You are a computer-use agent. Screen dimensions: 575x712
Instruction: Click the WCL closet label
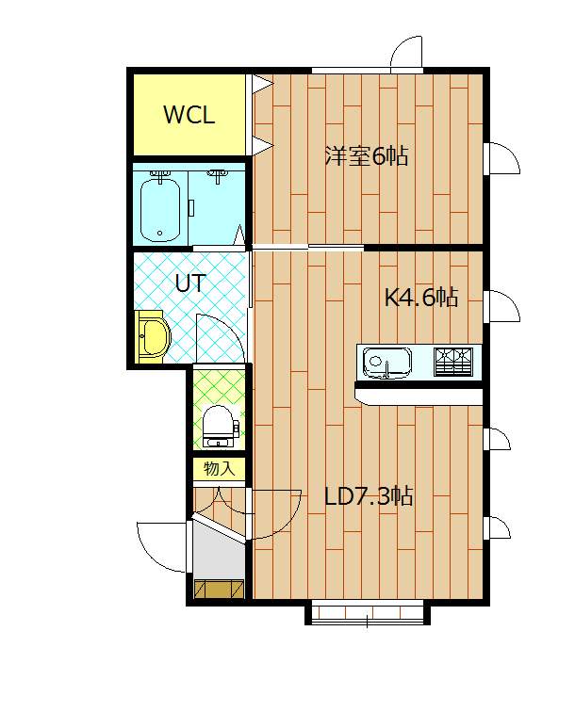point(189,115)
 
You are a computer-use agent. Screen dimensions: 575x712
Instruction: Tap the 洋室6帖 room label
point(367,155)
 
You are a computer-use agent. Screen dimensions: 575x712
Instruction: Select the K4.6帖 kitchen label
point(421,298)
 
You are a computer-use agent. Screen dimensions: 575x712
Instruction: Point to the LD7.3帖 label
point(369,495)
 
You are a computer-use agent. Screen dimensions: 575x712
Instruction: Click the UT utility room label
point(191,283)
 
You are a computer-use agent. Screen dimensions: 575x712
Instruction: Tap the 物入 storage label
point(219,469)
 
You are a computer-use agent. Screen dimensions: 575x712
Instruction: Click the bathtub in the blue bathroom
point(159,209)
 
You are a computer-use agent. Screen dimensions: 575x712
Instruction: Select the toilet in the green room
point(220,427)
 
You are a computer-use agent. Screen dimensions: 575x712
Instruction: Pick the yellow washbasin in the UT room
point(153,337)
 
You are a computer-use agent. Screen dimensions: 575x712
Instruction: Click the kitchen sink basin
point(386,363)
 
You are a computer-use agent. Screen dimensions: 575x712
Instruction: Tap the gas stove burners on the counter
point(452,362)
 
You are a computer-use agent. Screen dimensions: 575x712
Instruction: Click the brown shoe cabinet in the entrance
point(219,589)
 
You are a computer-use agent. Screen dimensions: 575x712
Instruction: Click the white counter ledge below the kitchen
point(419,396)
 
